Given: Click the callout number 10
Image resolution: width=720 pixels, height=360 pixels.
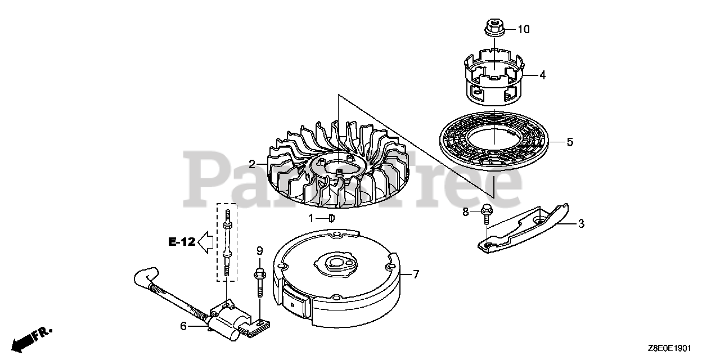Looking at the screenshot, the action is (x=523, y=29).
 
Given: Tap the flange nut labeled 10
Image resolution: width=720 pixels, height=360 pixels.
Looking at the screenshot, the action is (x=493, y=28).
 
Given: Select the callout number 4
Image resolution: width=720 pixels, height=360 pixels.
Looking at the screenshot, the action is (x=542, y=75).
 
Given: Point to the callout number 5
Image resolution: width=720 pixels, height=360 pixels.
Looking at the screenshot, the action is (x=569, y=142).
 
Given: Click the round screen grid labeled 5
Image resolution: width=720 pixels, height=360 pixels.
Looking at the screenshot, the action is (x=493, y=141).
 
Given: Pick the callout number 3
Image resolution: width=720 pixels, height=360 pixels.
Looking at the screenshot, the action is (x=581, y=224).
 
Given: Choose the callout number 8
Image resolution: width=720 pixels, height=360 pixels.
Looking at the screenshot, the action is (x=465, y=212).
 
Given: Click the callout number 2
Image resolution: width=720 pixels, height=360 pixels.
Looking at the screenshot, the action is (x=252, y=164).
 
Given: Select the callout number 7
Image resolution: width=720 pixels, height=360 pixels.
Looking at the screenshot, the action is (x=416, y=274).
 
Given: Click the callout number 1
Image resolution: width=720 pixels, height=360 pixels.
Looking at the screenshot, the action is (x=310, y=218).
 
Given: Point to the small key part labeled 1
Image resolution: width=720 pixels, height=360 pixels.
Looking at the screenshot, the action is (x=332, y=218).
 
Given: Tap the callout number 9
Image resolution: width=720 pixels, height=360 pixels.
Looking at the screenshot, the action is (x=259, y=250).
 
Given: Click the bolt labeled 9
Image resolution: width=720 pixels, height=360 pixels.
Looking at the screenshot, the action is (x=260, y=281).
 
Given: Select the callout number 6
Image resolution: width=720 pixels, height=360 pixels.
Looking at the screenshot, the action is (x=183, y=325).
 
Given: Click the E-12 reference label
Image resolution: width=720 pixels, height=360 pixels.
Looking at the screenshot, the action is (x=181, y=242).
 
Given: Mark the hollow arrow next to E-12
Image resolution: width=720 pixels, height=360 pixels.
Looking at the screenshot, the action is (x=205, y=242).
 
